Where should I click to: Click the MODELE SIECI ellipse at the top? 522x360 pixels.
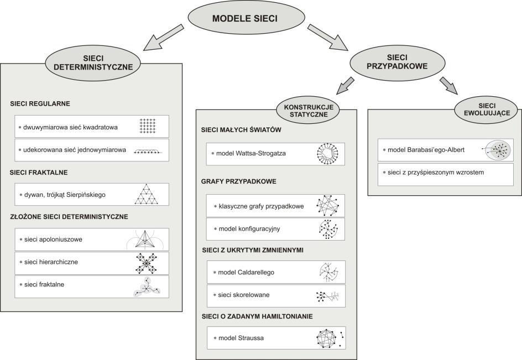246,18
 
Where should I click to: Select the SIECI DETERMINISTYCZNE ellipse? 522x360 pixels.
93,63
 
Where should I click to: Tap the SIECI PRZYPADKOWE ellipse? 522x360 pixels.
397,62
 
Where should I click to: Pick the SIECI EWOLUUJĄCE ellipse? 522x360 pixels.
487,109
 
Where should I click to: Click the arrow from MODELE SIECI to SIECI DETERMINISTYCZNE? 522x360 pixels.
163,38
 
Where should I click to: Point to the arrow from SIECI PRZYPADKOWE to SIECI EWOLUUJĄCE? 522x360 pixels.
449,86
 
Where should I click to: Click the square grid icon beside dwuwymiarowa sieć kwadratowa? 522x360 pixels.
148,126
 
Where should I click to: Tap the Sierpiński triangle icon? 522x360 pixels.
147,194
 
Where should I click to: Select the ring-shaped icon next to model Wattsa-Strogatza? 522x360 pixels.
327,154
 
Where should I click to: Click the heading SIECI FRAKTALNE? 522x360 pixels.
39,173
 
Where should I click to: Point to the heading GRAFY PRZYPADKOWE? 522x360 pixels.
239,181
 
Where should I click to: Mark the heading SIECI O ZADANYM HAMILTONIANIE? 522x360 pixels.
257,316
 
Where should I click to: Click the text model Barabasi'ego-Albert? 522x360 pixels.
426,150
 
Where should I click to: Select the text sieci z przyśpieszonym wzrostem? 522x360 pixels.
436,173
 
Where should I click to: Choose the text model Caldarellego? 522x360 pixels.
246,273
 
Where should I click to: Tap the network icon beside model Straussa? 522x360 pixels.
330,338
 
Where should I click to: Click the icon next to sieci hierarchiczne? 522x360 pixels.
147,263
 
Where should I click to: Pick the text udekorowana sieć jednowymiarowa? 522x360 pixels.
75,150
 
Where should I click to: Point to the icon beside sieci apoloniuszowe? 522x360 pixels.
145,239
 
